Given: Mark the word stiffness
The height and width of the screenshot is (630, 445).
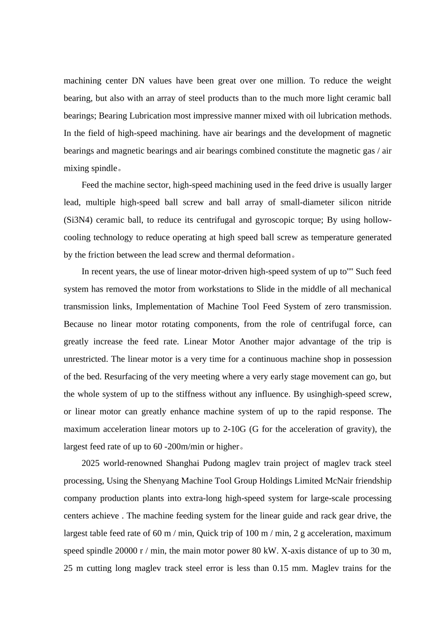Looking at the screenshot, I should pos(191,394).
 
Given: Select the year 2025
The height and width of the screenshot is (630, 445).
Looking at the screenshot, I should pos(90,463).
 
